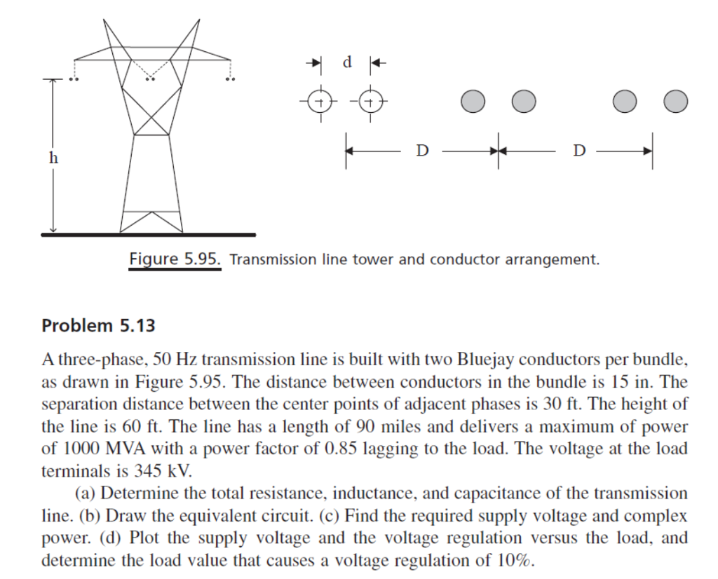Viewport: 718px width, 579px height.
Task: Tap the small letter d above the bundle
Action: click(x=346, y=62)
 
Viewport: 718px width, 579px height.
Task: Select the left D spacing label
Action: click(x=421, y=150)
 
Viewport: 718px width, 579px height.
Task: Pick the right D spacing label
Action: click(x=578, y=150)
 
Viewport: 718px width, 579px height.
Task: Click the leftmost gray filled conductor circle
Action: click(x=473, y=102)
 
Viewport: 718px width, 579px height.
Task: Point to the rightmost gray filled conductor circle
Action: click(x=675, y=102)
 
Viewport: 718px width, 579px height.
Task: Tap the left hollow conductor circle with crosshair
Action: click(x=320, y=102)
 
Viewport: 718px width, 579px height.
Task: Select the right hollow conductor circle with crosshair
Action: click(x=372, y=102)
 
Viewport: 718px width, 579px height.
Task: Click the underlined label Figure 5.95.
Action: click(x=175, y=259)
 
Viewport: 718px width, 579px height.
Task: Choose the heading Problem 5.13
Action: click(x=98, y=325)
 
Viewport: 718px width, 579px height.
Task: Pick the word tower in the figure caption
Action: click(x=374, y=260)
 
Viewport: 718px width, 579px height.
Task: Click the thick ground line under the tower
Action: click(x=148, y=235)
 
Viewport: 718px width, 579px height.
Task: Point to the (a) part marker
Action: click(x=87, y=493)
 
